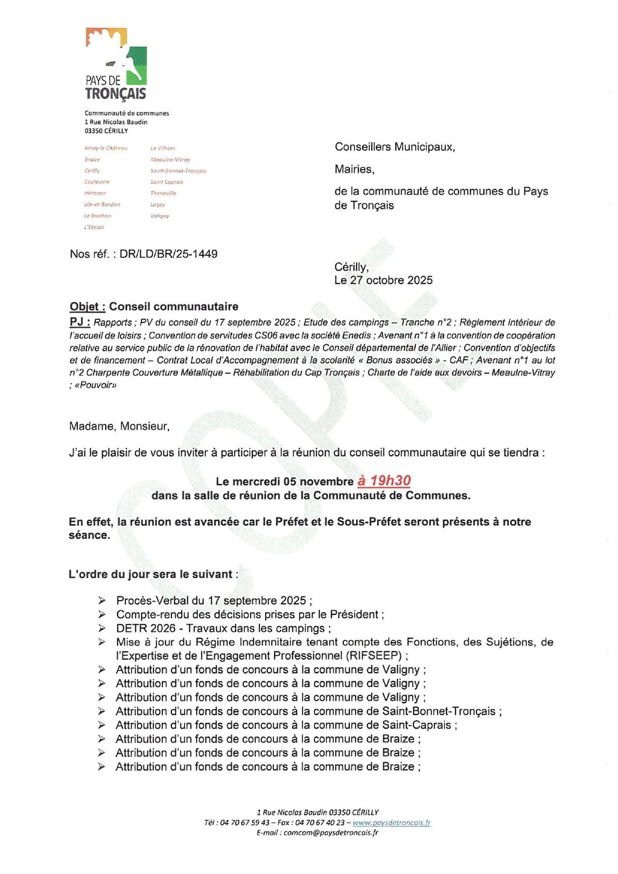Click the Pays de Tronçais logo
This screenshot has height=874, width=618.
pos(116,63)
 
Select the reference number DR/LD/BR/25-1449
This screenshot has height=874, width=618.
pos(168,254)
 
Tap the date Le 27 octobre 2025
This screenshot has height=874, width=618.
pos(383,280)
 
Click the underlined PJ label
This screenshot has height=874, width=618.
pos(79,322)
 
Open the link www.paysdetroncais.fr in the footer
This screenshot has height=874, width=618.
pos(391,823)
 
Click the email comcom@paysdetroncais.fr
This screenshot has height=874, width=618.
pos(331,833)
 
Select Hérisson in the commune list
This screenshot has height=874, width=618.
pos(95,193)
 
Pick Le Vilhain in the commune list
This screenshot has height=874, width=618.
pos(162,148)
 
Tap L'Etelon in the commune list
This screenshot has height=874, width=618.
pos(94,228)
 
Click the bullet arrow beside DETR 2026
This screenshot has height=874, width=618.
pos(102,628)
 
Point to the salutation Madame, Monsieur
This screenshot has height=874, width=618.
pos(119,426)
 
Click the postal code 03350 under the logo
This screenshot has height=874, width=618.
pos(94,130)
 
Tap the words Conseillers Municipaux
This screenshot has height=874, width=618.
pos(395,147)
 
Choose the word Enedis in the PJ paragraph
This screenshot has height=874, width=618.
pos(357,336)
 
